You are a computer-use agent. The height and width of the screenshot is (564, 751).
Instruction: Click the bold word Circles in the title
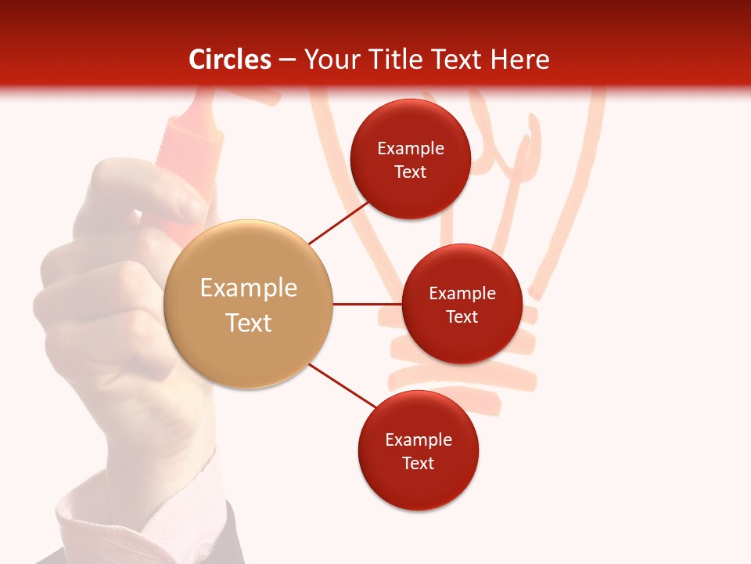pyautogui.click(x=229, y=60)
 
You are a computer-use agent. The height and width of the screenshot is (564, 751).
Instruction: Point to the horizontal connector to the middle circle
pyautogui.click(x=367, y=304)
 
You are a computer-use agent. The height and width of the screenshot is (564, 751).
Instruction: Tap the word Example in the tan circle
pyautogui.click(x=248, y=288)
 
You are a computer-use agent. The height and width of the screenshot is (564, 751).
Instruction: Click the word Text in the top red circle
pyautogui.click(x=411, y=172)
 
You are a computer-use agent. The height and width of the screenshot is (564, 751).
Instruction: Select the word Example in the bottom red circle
pyautogui.click(x=419, y=439)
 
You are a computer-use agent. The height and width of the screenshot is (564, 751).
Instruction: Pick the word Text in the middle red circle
pyautogui.click(x=462, y=316)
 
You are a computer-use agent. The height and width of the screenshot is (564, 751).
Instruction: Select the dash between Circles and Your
pyautogui.click(x=287, y=60)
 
